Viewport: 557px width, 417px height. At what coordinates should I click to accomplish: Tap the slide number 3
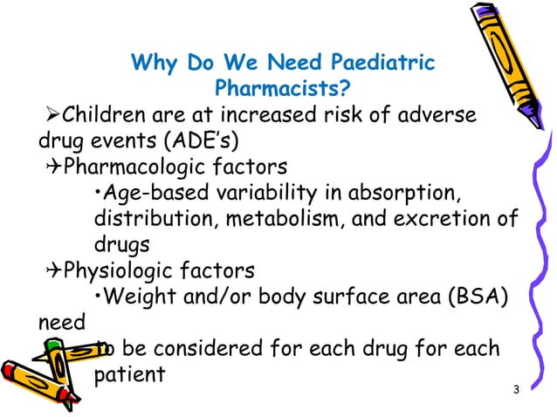[517, 388]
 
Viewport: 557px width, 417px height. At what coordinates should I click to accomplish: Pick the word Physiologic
[113, 269]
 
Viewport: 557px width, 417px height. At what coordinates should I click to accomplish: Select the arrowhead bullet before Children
[50, 114]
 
